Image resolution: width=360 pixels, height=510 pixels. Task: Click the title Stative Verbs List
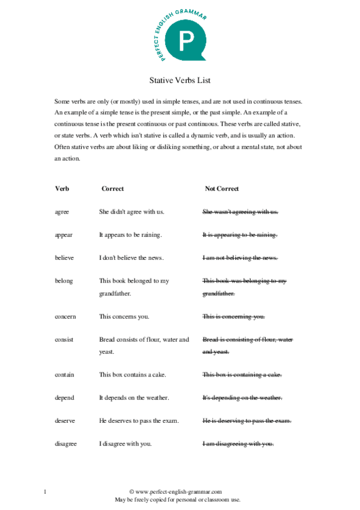coord(180,79)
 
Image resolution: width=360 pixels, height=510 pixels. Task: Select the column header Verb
coord(62,188)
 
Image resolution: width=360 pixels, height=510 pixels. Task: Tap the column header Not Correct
coord(222,188)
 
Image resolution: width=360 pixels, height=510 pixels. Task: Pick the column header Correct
coord(112,188)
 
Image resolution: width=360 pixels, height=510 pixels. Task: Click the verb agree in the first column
coord(62,212)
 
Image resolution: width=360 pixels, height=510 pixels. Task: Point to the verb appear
coord(63,235)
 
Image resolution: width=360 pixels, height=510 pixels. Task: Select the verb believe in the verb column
coord(64,257)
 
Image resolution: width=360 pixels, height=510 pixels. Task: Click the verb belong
coord(63,280)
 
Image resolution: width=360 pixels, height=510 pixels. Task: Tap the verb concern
coord(65,316)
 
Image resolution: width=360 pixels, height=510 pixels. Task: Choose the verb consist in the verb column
coord(64,339)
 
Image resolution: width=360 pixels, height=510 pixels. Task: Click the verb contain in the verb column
coord(64,375)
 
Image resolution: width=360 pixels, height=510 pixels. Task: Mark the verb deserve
coord(64,420)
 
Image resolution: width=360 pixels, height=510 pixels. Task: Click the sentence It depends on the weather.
coord(134,398)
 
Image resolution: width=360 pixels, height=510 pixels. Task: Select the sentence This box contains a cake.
coord(133,375)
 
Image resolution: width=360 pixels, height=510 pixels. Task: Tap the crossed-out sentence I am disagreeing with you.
coord(238,443)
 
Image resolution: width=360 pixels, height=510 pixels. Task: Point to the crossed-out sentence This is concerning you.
coord(233,316)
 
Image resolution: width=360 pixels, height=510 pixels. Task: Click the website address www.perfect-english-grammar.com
coord(178,492)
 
